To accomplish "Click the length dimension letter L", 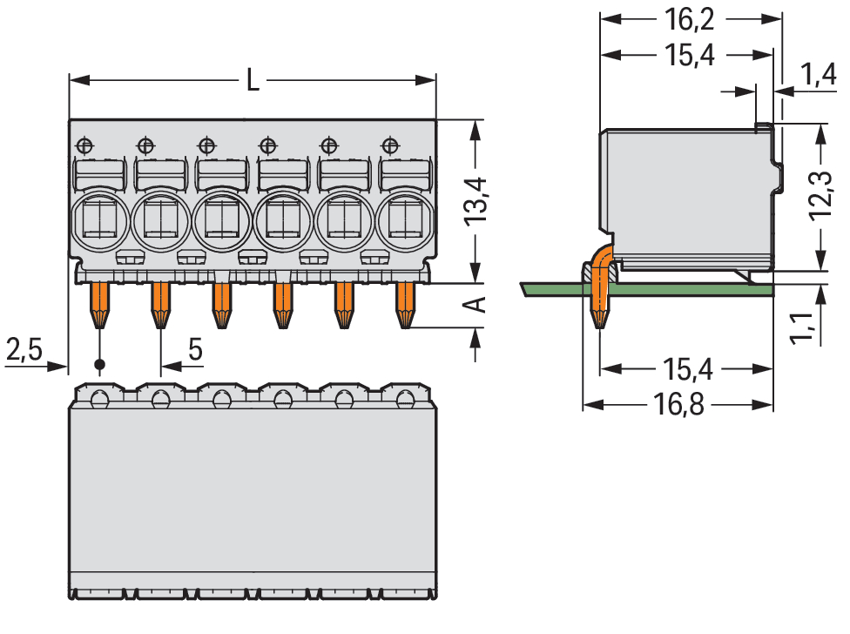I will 252,81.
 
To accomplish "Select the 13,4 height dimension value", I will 478,202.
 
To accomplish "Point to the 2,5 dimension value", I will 24,350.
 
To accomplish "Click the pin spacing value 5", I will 195,350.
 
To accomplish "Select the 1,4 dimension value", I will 820,77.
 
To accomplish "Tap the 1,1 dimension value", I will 802,328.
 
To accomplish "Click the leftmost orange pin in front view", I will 99,304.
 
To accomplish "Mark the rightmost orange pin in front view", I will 405,304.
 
